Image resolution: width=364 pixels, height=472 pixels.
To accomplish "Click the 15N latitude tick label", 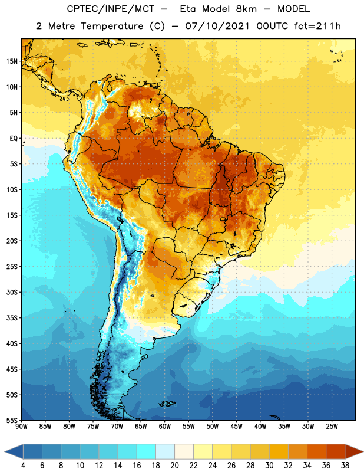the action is (x=12, y=61).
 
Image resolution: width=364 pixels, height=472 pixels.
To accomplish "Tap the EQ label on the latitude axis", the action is (x=14, y=139).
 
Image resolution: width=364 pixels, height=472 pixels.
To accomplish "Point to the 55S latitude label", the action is (x=12, y=421).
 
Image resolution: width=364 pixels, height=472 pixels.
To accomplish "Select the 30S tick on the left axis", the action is (x=12, y=292).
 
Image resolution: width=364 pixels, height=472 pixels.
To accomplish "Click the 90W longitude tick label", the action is (x=21, y=427).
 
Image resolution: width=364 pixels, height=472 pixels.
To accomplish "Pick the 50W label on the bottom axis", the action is (x=213, y=427).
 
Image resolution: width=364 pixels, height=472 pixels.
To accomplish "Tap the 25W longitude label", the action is (x=332, y=427).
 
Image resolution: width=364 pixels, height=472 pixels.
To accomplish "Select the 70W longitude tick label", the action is (x=117, y=427).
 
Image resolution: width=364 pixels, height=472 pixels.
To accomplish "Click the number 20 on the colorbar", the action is (x=174, y=466).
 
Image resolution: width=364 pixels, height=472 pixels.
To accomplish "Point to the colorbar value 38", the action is (x=345, y=466).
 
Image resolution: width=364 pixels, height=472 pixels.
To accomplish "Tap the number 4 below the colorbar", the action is (x=23, y=466).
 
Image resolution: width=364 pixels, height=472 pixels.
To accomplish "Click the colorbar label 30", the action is (x=269, y=466).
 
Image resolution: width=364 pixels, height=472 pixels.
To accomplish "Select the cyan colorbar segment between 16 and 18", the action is (x=147, y=451).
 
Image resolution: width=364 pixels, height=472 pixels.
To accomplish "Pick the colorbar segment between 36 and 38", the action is (x=336, y=451).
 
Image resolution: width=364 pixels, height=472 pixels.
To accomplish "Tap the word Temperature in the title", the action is (x=112, y=26).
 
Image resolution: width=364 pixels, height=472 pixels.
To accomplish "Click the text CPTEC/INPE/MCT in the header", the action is (x=111, y=9).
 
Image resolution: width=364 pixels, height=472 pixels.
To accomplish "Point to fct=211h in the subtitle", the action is (x=317, y=26).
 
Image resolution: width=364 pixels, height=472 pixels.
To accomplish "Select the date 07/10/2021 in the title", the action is (x=217, y=26).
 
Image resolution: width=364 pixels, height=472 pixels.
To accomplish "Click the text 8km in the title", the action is (x=246, y=9).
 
